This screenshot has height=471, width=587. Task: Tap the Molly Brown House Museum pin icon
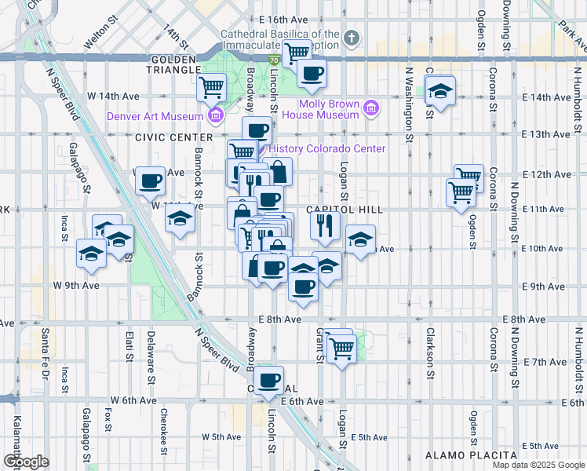coord(372,108)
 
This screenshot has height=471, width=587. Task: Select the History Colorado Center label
coord(327,149)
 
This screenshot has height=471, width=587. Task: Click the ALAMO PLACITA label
coord(471,455)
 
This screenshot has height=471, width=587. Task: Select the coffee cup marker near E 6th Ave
coord(269,380)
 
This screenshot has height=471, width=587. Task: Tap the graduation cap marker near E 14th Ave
coord(441,90)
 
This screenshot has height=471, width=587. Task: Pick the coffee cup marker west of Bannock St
coord(149,181)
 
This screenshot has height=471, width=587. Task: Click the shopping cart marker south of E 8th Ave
coord(341,345)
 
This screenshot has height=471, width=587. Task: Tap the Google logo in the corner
coord(26,462)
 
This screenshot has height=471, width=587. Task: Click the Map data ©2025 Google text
coord(538,465)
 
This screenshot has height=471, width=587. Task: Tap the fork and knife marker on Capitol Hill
coord(324,226)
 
